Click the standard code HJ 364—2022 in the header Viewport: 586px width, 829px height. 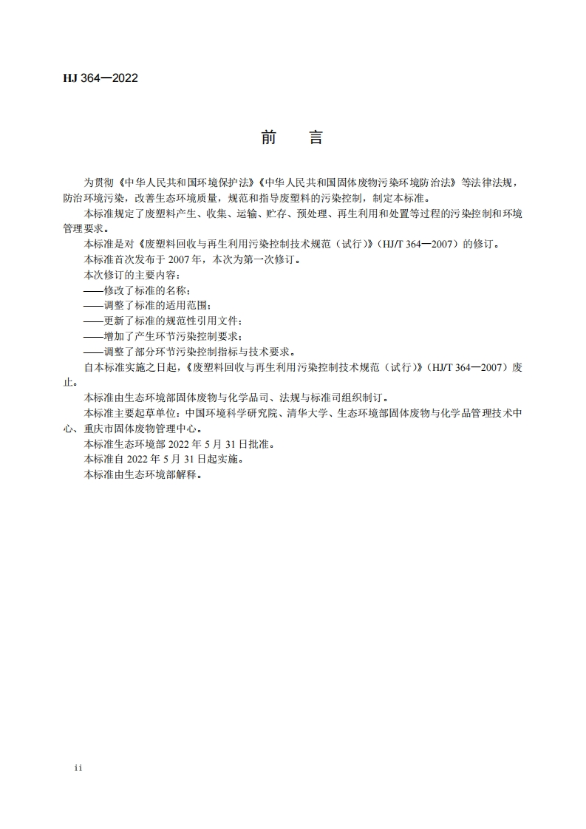[100, 78]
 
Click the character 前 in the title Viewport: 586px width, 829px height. [269, 138]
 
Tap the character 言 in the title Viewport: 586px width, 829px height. [316, 138]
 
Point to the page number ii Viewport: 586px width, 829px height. [78, 768]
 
